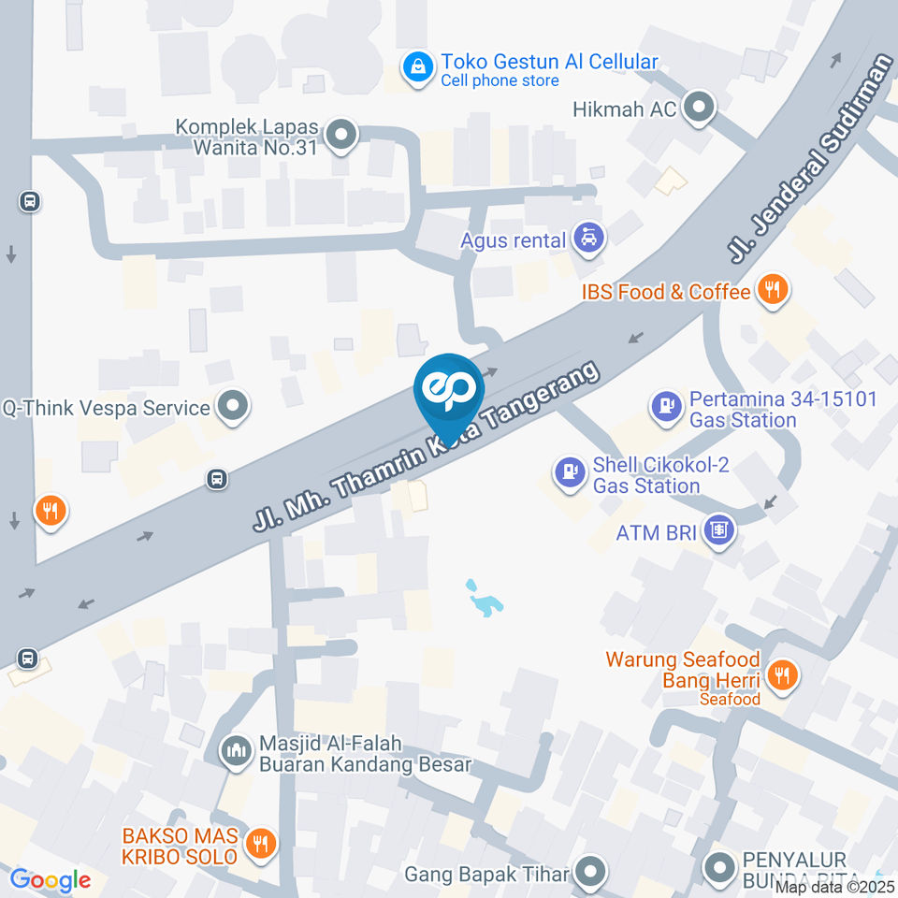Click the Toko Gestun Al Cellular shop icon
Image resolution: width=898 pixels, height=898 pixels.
pos(417,66)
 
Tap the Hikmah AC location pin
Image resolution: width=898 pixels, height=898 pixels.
pos(698,109)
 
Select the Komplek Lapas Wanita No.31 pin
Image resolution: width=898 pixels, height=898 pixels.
pos(343,137)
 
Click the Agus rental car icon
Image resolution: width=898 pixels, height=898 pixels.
pos(588,239)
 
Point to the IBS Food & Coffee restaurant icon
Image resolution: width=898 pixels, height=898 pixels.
pos(772,292)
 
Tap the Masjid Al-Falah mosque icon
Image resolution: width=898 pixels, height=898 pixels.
pos(235,750)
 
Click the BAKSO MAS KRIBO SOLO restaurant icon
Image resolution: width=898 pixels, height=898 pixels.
pos(258,844)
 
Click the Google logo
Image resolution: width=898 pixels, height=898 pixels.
pos(50,880)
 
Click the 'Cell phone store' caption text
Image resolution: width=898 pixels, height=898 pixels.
pos(500,81)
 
